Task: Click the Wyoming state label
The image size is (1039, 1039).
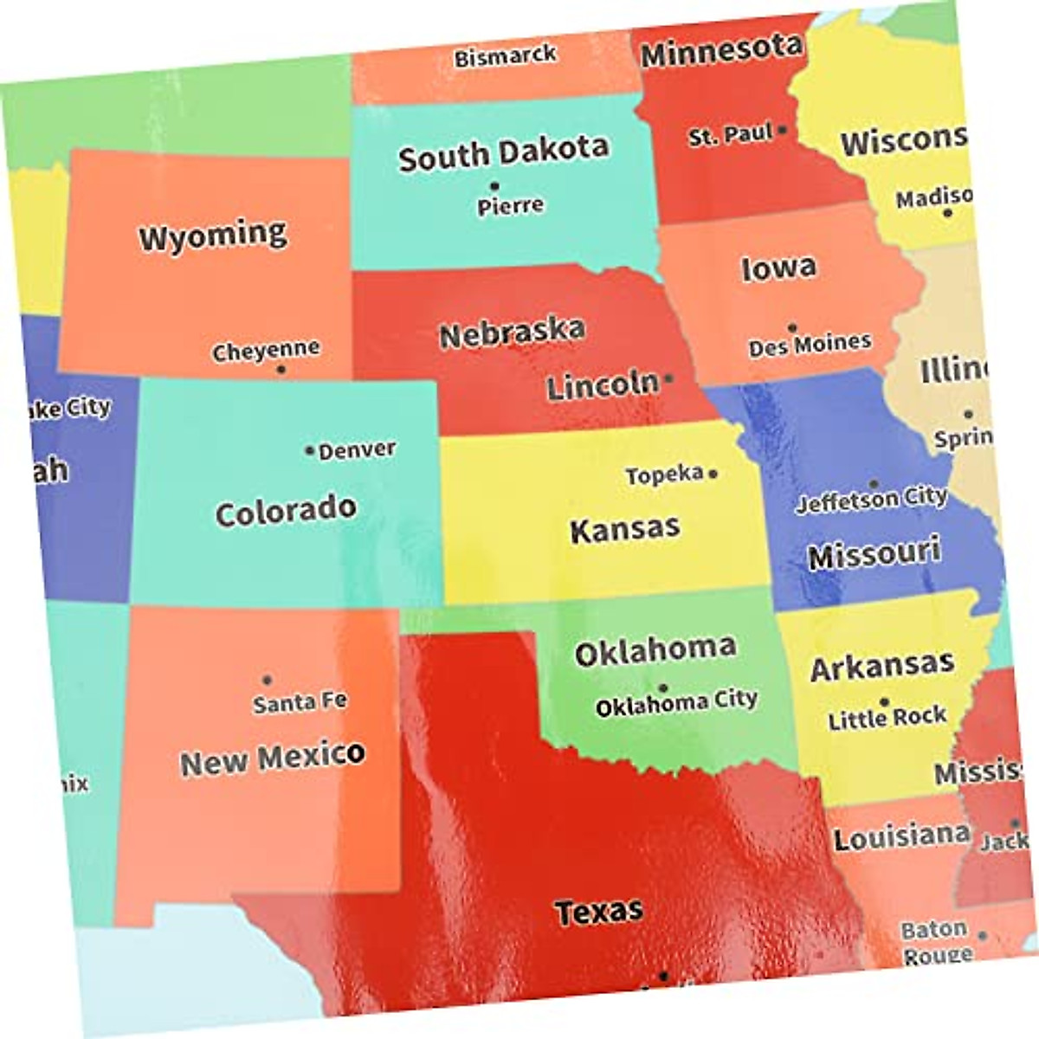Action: tap(213, 236)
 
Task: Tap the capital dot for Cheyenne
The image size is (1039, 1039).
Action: tap(281, 370)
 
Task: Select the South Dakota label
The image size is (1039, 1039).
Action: tap(503, 153)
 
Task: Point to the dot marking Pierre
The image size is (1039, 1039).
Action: tap(494, 185)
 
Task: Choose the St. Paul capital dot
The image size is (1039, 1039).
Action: tap(783, 130)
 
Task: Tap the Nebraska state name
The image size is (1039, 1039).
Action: tap(512, 332)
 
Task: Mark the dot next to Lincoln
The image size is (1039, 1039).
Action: tap(668, 378)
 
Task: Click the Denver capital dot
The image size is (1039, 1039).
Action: tap(309, 450)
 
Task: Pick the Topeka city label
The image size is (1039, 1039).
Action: tap(664, 474)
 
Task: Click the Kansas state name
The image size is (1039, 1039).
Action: tap(625, 529)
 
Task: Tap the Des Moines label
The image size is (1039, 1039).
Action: tap(810, 345)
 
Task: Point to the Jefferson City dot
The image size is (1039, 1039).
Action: tap(874, 484)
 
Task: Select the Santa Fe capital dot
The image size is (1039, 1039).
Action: tap(267, 680)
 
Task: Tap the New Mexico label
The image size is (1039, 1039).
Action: tap(272, 759)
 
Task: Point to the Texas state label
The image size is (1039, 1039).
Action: tap(599, 911)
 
